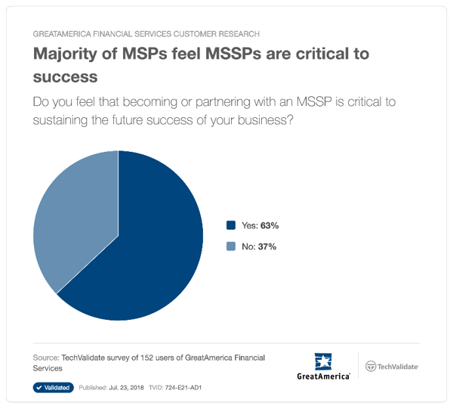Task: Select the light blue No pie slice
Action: click(x=78, y=214)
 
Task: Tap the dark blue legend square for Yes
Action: click(x=231, y=225)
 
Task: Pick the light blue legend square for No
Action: click(x=231, y=246)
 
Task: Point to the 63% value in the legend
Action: click(x=270, y=225)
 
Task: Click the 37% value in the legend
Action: click(x=267, y=246)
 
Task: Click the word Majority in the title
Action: click(x=65, y=54)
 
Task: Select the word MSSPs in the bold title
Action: click(x=233, y=54)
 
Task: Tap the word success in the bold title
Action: click(x=65, y=78)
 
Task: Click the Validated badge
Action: click(x=54, y=388)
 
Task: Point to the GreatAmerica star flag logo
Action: click(x=323, y=361)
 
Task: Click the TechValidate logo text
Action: click(x=398, y=367)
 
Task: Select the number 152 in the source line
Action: click(x=146, y=358)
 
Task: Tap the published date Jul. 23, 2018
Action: click(x=126, y=388)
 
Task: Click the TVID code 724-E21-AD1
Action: click(x=183, y=388)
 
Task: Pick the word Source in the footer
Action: click(x=46, y=358)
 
